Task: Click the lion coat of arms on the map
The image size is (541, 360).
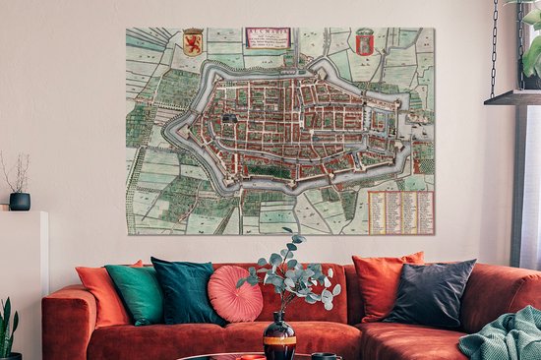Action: point(194,42)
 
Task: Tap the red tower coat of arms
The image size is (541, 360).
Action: point(365,42)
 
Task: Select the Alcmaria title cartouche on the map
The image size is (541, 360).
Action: point(268,38)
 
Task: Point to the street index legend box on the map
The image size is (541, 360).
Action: point(400,211)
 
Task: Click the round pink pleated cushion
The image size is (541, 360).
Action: point(234,294)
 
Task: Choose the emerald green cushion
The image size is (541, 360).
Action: point(136,294)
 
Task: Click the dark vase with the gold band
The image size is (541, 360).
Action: point(279,339)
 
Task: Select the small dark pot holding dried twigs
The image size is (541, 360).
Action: point(20,201)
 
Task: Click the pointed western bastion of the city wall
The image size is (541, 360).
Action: point(170,127)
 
